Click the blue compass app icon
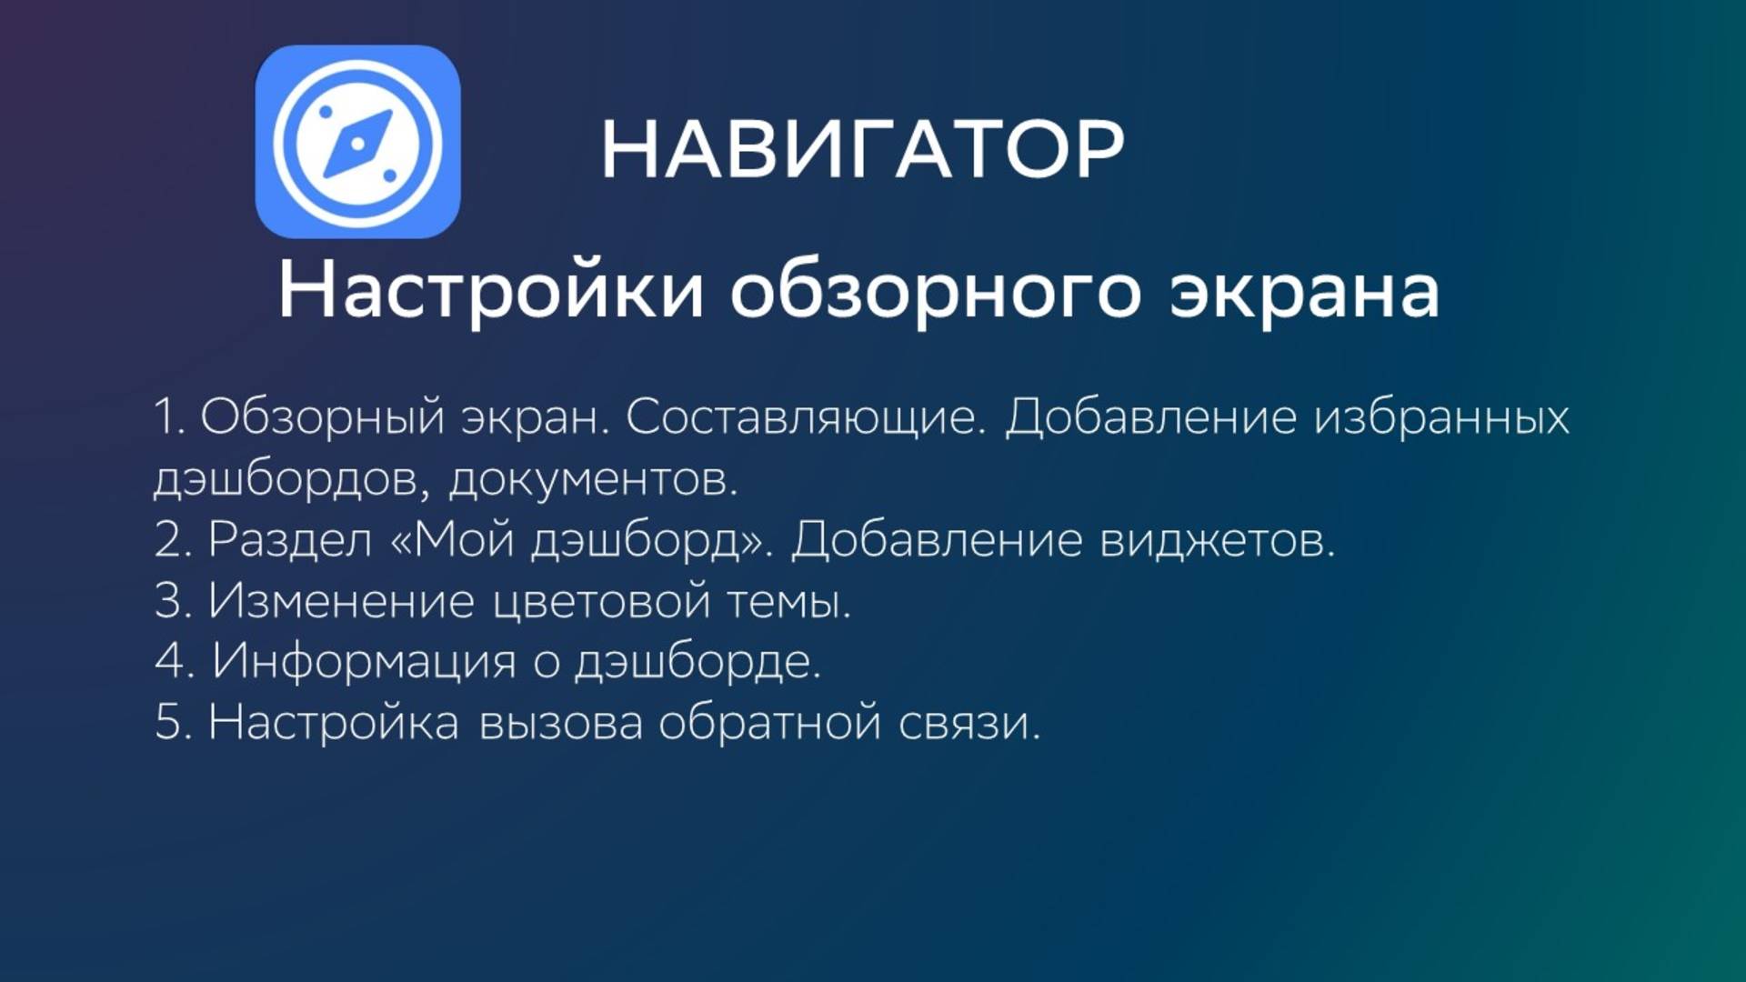pyautogui.click(x=357, y=142)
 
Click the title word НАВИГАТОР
pyautogui.click(x=862, y=149)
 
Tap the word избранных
pyautogui.click(x=1442, y=417)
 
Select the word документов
pyautogui.click(x=592, y=479)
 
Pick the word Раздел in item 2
pyautogui.click(x=290, y=540)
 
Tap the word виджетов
pyautogui.click(x=1217, y=540)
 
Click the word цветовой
pyautogui.click(x=601, y=601)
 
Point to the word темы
pyautogui.click(x=788, y=601)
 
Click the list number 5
pyautogui.click(x=169, y=723)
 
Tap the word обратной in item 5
pyautogui.click(x=770, y=723)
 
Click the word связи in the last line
pyautogui.click(x=968, y=723)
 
